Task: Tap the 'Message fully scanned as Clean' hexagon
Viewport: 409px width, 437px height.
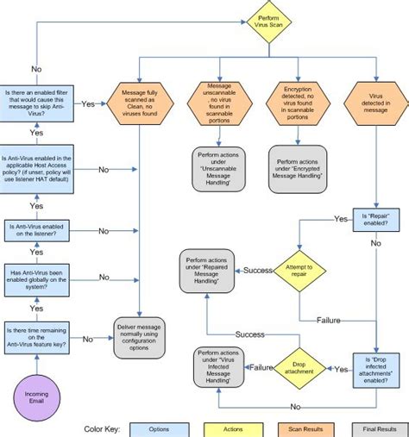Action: click(x=138, y=103)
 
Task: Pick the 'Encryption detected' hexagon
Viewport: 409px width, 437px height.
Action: click(x=297, y=103)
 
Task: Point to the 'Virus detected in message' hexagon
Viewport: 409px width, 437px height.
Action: click(x=376, y=103)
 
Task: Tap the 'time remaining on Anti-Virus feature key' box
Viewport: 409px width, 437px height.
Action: click(x=37, y=339)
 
